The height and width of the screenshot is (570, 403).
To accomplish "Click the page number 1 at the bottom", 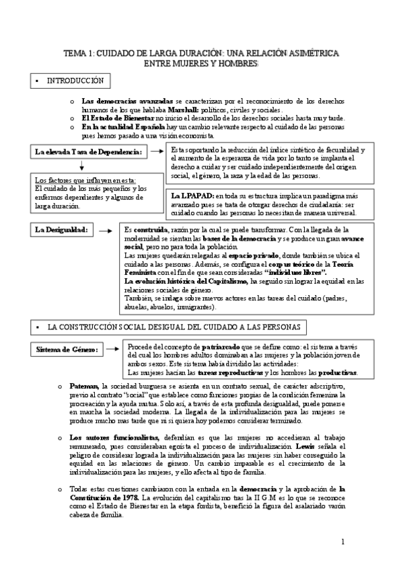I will pos(342,541).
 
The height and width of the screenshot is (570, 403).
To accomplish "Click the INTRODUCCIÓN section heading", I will pos(75,81).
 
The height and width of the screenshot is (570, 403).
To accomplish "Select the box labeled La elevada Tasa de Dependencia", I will pos(88,153).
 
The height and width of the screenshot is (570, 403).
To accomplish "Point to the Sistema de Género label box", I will pos(67,350).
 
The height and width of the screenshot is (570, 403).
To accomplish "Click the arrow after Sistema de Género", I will pos(114,350).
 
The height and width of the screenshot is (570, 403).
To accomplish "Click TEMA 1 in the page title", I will pos(80,53).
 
